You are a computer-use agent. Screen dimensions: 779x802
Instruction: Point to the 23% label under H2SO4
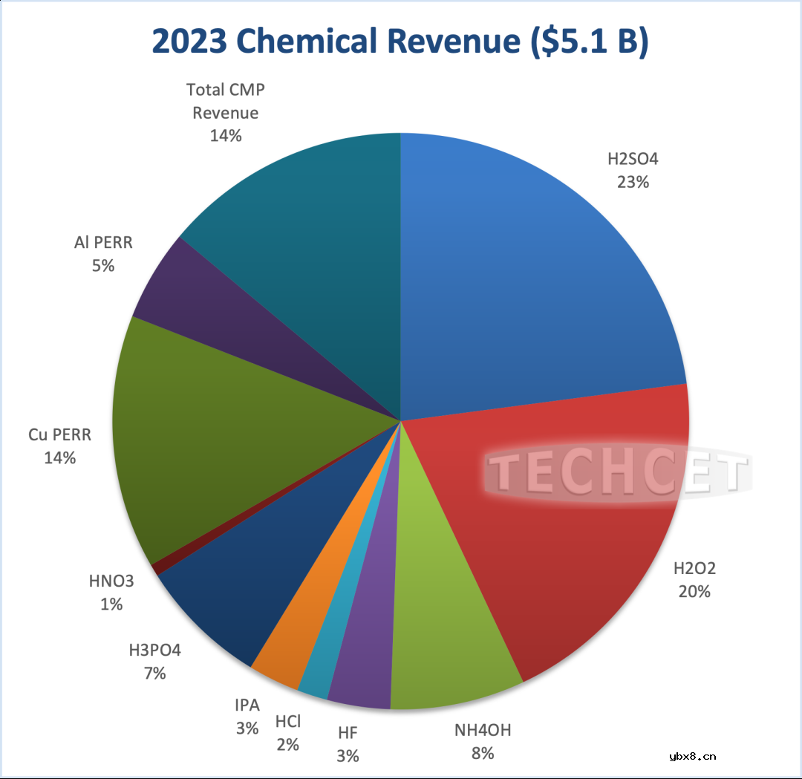point(633,181)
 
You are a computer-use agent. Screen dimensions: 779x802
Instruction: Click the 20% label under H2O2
point(694,592)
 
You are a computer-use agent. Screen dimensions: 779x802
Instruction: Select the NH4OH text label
point(483,730)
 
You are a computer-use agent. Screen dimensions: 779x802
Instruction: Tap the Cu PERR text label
point(59,434)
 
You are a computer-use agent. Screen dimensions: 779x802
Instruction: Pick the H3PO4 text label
point(154,651)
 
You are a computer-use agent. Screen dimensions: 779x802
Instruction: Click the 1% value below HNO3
point(111,604)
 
